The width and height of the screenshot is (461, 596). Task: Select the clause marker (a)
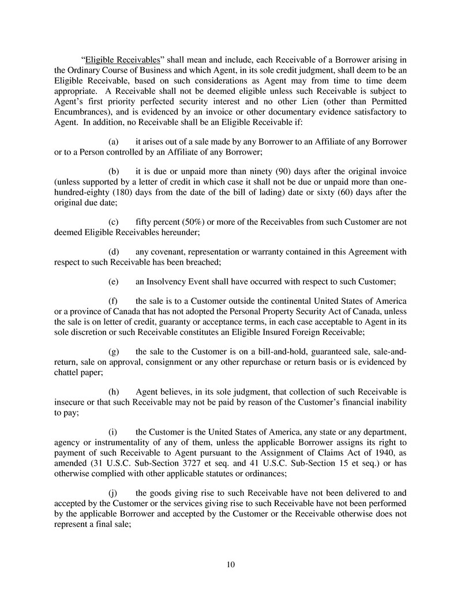114,141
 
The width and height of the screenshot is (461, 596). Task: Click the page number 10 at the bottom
231,564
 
